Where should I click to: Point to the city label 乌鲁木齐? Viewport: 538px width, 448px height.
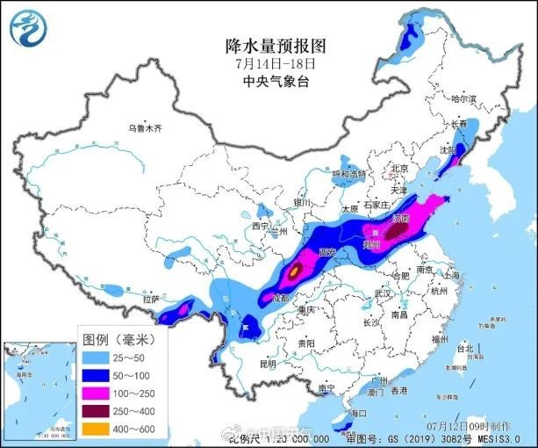point(145,128)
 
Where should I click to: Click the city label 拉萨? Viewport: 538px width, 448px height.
point(150,299)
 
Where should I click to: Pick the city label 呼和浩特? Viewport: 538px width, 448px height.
point(348,175)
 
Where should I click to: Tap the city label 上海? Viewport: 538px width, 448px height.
point(455,274)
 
